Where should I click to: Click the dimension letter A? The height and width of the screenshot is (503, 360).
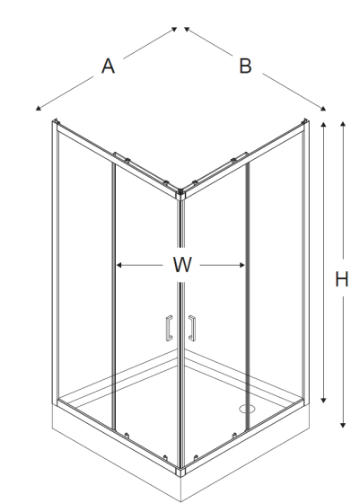(108, 66)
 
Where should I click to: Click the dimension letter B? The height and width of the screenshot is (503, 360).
(245, 66)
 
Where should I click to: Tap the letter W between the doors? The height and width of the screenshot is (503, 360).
(182, 265)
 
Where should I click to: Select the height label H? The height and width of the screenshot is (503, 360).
(342, 279)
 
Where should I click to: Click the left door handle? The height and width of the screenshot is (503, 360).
(169, 328)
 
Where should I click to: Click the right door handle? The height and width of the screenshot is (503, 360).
(192, 328)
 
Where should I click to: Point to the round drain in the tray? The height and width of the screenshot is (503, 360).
(247, 409)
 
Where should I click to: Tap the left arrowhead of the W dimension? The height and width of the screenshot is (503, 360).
(119, 265)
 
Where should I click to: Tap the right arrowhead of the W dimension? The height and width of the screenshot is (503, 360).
(242, 265)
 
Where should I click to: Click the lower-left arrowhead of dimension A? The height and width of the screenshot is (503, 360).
(38, 109)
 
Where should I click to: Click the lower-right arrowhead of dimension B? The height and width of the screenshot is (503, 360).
(323, 109)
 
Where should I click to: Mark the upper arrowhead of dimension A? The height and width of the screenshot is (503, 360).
(174, 29)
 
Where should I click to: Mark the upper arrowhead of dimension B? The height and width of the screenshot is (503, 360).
(187, 29)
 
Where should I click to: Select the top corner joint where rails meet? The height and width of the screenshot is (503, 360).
(180, 194)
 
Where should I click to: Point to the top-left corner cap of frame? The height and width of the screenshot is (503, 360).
(56, 122)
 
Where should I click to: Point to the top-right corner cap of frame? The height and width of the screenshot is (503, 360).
(305, 122)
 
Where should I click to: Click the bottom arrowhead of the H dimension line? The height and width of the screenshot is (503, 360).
(343, 425)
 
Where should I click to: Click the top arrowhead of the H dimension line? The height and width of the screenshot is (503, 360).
(343, 125)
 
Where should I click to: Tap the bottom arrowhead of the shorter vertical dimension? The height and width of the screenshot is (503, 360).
(323, 400)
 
